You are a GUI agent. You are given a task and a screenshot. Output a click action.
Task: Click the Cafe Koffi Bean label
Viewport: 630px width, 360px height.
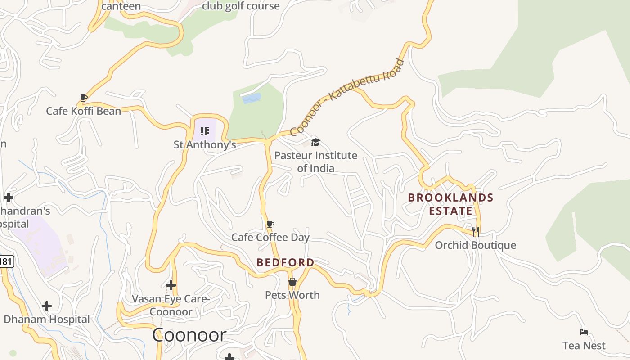click(x=84, y=111)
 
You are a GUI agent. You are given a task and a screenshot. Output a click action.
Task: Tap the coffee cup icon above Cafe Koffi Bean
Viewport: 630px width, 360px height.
click(x=83, y=97)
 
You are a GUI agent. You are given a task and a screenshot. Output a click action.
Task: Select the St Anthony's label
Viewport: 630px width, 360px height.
click(x=205, y=144)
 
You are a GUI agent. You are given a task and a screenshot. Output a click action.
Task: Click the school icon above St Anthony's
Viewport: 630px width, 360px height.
click(x=205, y=131)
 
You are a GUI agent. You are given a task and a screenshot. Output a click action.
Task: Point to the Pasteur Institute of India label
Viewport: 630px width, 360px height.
click(x=315, y=162)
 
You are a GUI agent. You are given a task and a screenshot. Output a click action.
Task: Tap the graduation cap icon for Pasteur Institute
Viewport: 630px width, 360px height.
click(x=315, y=143)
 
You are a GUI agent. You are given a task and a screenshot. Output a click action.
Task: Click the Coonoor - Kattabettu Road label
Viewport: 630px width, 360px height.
click(x=347, y=97)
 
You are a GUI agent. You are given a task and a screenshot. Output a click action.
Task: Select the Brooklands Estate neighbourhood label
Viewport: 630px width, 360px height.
click(x=450, y=204)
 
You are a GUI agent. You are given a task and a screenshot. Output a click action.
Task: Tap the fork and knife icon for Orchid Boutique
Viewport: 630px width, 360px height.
click(x=475, y=232)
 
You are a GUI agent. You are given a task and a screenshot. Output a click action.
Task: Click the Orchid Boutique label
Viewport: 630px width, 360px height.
click(x=475, y=245)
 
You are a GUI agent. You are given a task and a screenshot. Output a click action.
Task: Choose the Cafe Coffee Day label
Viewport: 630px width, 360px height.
click(x=270, y=237)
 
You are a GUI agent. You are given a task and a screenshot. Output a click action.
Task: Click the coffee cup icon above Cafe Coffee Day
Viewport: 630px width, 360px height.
click(x=270, y=224)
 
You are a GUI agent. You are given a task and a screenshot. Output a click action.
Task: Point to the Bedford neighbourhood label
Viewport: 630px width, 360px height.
click(x=285, y=262)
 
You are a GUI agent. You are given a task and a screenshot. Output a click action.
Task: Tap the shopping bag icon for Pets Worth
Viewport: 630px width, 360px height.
click(x=292, y=282)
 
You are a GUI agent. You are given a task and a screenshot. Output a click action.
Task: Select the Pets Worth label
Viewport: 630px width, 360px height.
click(x=292, y=295)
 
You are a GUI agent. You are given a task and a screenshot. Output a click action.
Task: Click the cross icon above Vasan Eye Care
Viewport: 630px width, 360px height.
click(x=171, y=285)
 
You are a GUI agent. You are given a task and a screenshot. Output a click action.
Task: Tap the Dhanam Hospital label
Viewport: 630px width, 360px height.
click(x=47, y=319)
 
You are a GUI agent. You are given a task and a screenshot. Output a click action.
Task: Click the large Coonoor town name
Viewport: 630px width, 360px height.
click(x=189, y=335)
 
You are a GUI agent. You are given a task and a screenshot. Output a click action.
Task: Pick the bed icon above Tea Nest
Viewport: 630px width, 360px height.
click(x=584, y=333)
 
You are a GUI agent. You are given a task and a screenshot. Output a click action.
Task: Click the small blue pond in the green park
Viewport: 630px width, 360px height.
click(x=252, y=98)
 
